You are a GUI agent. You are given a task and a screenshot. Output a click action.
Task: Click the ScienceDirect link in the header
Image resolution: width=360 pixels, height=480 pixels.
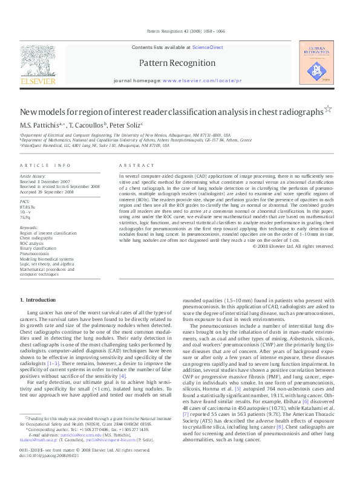coord(208,47)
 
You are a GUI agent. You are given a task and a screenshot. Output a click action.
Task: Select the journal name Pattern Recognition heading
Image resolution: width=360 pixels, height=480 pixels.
coord(177,63)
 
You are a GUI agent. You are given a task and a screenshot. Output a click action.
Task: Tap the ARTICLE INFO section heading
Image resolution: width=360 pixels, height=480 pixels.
coord(45,165)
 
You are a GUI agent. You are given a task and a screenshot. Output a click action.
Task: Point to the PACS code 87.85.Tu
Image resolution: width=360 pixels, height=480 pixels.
coord(28,207)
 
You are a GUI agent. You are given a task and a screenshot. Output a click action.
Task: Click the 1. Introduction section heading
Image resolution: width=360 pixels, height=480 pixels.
coord(39,300)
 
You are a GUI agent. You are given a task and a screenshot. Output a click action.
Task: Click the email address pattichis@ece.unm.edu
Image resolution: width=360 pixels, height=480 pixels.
coord(67,451)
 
